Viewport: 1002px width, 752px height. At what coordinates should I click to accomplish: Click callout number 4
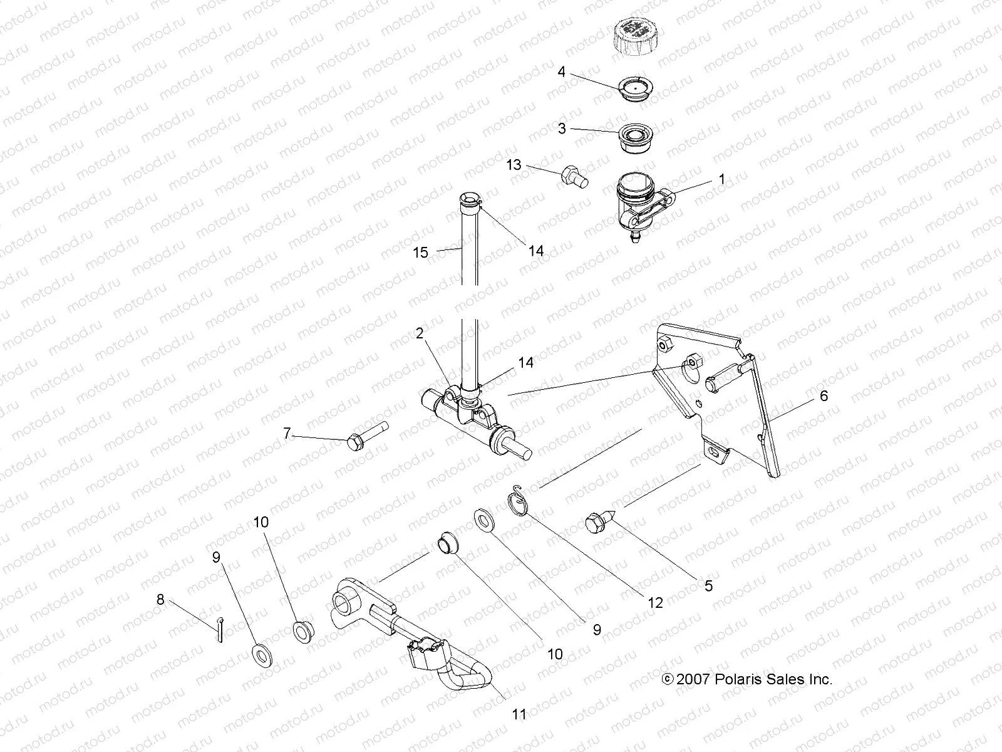561,72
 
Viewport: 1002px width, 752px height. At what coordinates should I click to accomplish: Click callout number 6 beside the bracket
824,395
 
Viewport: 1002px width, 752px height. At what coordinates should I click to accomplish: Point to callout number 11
519,714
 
